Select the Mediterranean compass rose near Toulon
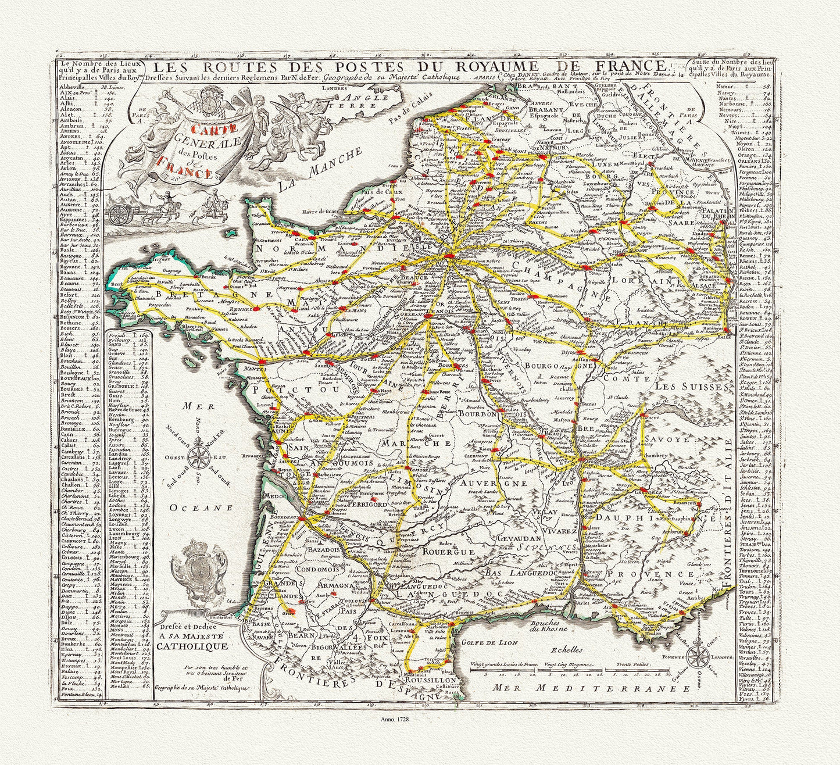point(697,657)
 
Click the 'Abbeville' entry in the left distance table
point(72,87)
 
